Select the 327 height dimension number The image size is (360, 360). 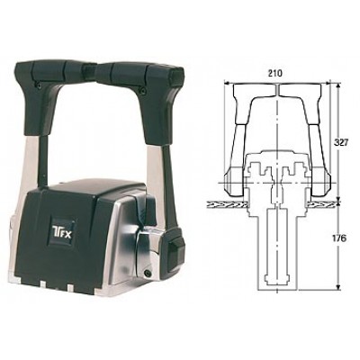pyautogui.click(x=340, y=142)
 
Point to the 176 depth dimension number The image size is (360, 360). pyautogui.click(x=339, y=238)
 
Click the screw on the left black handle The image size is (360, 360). pyautogui.click(x=40, y=85)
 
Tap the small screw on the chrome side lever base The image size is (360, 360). pyautogui.click(x=148, y=273)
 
